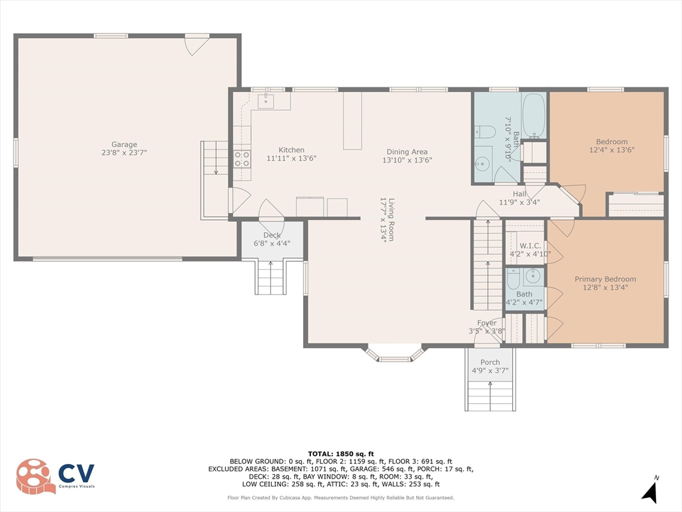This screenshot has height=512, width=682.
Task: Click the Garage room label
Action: [x=124, y=144]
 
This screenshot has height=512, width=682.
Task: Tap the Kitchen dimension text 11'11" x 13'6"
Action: [x=292, y=158]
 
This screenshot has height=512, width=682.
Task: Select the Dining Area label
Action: [x=407, y=151]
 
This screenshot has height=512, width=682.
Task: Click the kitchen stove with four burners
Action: [x=242, y=159]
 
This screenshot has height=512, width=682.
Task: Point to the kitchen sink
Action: [x=266, y=101]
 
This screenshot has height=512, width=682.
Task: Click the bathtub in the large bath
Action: [x=533, y=115]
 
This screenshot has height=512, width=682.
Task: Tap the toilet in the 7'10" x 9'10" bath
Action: [x=485, y=131]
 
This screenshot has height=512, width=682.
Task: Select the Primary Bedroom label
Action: [x=605, y=279]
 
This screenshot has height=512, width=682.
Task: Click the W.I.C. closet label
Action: [x=530, y=246]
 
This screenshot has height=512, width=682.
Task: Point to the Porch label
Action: [x=490, y=362]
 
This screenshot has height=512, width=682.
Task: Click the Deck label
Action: [x=272, y=235]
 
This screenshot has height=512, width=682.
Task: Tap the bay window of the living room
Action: [x=395, y=353]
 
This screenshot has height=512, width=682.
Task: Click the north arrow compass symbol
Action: [x=650, y=492]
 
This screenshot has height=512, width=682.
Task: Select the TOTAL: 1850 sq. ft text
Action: [x=341, y=454]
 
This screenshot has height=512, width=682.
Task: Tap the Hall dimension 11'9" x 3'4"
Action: [x=519, y=202]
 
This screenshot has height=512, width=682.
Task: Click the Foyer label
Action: [x=487, y=323]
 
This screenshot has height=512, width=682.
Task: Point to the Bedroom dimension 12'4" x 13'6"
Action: [x=611, y=150]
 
